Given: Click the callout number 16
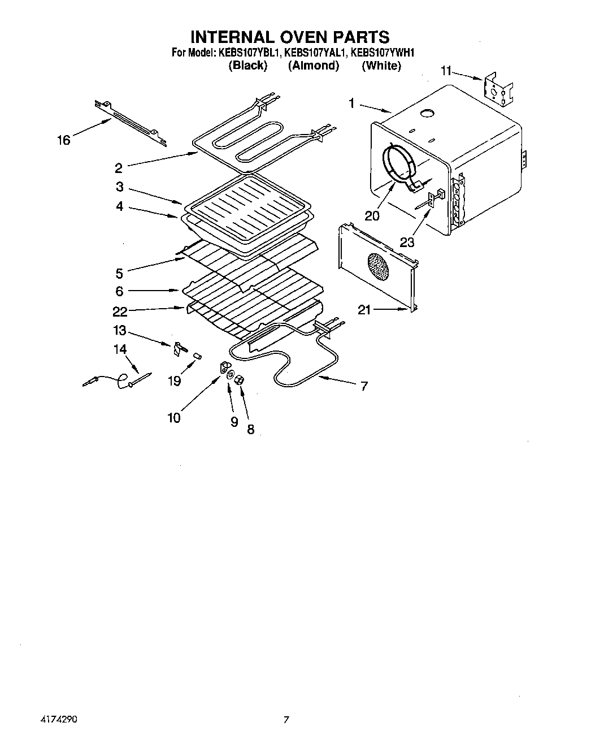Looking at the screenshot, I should point(63,140).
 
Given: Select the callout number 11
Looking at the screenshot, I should point(446,71).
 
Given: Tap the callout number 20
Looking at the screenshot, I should point(372,215).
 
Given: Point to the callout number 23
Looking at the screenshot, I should point(407,242).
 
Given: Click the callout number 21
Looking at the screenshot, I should point(364,309).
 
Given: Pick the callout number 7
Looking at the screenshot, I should point(364,386).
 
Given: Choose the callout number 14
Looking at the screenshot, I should point(120,349).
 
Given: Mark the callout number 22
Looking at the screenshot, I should point(120,310).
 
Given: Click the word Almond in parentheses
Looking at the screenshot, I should point(314,66).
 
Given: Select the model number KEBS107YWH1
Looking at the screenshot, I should point(383,53).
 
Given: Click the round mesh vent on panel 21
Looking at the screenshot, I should point(378,266).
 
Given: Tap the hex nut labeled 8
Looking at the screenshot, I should point(238,380).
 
